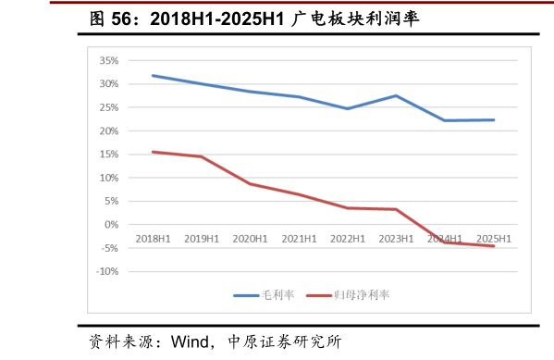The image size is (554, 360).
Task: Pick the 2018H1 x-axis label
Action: coord(153,239)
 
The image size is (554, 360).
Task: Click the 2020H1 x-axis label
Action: coord(250,239)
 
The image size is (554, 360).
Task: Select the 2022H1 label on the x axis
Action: coord(348,239)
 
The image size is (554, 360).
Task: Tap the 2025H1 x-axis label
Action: coord(494,239)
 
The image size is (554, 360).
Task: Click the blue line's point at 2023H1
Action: coord(397,95)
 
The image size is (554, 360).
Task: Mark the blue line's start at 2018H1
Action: coord(153,75)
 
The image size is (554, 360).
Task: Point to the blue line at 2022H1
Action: coord(348,108)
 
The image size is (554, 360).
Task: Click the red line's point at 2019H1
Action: coord(202,156)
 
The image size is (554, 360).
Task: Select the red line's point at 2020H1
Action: coord(250,183)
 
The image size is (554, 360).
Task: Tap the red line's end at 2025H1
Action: coord(494,246)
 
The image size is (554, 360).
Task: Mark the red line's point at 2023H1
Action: coord(397,209)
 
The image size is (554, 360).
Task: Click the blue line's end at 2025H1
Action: coord(494,119)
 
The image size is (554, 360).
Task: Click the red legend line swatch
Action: coord(319,295)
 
